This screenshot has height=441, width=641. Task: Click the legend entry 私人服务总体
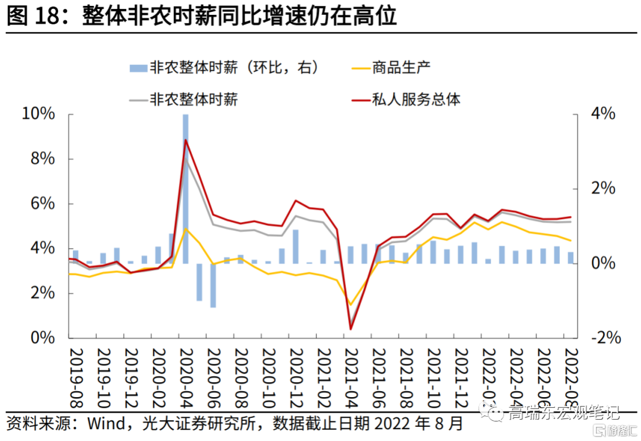pyautogui.click(x=415, y=99)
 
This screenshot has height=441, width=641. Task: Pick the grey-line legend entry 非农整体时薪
pyautogui.click(x=193, y=99)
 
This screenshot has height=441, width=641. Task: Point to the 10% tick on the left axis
pyautogui.click(x=39, y=114)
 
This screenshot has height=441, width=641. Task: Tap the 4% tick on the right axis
pyautogui.click(x=602, y=114)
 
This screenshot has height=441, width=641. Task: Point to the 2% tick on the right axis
pyautogui.click(x=602, y=189)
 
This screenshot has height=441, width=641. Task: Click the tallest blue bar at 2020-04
pyautogui.click(x=185, y=178)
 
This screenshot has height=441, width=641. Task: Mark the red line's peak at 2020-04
pyautogui.click(x=186, y=140)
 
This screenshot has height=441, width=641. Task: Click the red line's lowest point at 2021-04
pyautogui.click(x=350, y=329)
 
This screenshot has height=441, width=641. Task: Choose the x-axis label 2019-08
pyautogui.click(x=75, y=377)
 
